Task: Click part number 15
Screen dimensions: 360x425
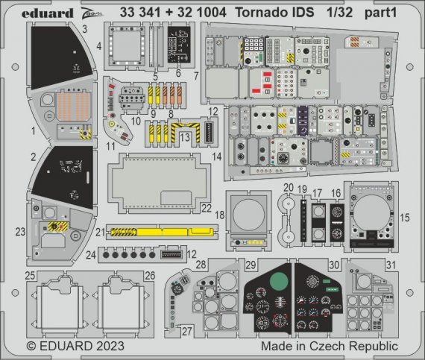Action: pos(405,218)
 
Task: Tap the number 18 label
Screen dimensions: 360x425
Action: pos(219,215)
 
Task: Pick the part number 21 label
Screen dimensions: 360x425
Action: pos(99,233)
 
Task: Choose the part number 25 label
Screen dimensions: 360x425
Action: pos(31,275)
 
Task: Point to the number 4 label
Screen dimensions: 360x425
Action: pos(99,46)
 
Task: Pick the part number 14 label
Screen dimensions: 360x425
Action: pos(217,157)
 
